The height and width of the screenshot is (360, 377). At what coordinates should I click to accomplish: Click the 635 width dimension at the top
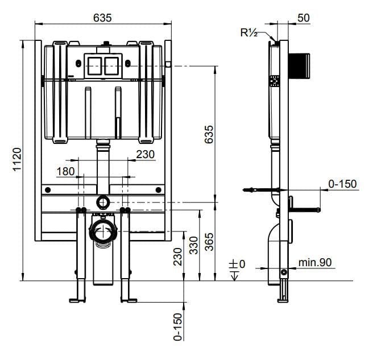102,17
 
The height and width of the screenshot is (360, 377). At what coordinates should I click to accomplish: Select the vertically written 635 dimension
209,134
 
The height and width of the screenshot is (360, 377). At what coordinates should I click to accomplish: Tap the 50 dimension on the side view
303,18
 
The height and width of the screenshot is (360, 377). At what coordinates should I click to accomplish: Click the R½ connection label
248,32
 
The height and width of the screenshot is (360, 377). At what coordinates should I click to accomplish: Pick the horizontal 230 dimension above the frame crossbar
145,154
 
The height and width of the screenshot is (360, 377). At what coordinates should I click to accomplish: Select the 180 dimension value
66,171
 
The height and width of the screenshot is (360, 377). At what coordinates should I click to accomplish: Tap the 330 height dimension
193,245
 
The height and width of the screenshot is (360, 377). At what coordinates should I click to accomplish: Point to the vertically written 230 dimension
178,256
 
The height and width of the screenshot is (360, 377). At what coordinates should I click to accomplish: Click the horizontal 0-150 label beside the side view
342,183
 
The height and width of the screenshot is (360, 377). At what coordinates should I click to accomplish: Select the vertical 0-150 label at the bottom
178,326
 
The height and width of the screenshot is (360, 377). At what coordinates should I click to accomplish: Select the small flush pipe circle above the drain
103,201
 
